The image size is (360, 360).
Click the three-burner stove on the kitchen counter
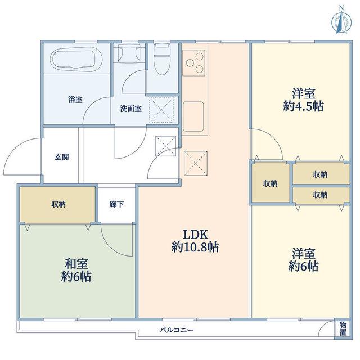tap(193, 62)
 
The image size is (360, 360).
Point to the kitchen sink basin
tap(193, 116)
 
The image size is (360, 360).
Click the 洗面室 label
tap(130, 109)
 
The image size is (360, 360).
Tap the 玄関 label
tap(62, 157)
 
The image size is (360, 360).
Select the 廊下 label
tap(116, 204)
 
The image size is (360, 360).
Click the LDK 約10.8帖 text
tap(195, 241)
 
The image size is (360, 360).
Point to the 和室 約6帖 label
tap(76, 270)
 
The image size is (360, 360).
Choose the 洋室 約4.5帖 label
tap(304, 100)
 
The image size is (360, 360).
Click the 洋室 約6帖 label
tap(303, 260)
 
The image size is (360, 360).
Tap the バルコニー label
tap(177, 330)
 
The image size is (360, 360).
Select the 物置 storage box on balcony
tap(343, 328)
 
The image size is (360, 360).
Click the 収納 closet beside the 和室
tap(57, 204)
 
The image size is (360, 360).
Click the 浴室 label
tap(75, 100)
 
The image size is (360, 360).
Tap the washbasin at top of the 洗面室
tap(129, 53)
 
